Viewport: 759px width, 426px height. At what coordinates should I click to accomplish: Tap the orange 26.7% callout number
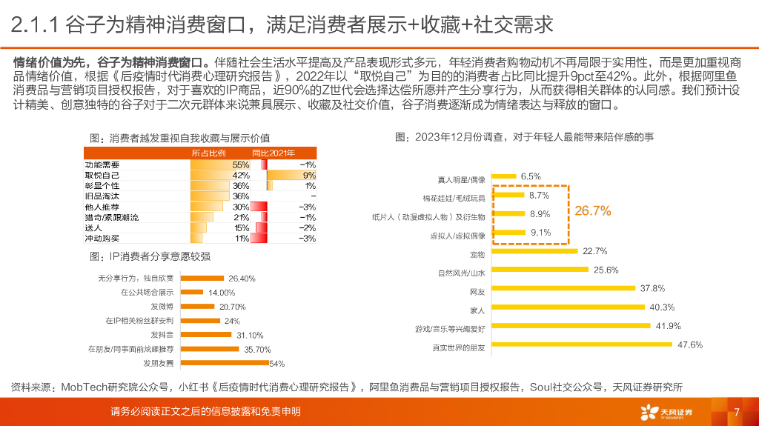[x=593, y=211]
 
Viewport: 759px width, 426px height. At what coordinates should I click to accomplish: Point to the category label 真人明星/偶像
[x=462, y=180]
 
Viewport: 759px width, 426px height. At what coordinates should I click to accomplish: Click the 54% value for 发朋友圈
[x=277, y=363]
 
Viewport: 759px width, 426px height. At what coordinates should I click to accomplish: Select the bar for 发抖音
[x=207, y=335]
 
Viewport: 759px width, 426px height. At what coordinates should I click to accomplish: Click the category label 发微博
[x=162, y=307]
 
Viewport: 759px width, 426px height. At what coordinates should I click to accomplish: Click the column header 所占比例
[x=208, y=153]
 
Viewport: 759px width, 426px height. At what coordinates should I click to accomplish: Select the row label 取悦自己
[x=102, y=175]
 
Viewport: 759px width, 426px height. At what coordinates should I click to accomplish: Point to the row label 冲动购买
[x=102, y=239]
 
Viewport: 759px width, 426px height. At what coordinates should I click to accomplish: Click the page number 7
[x=736, y=412]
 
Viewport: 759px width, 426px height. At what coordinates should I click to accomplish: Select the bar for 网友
[x=563, y=288]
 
